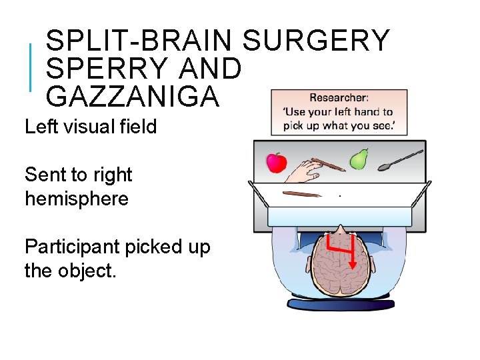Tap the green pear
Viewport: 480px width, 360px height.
tap(360, 159)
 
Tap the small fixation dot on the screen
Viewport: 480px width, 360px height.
tap(340, 196)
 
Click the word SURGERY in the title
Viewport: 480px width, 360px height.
tap(315, 41)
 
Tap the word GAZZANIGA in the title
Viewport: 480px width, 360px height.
tap(132, 97)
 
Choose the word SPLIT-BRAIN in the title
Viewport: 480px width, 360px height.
tap(139, 41)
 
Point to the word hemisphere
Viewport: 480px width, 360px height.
tap(77, 199)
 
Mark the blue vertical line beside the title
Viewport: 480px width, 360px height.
tap(31, 67)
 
